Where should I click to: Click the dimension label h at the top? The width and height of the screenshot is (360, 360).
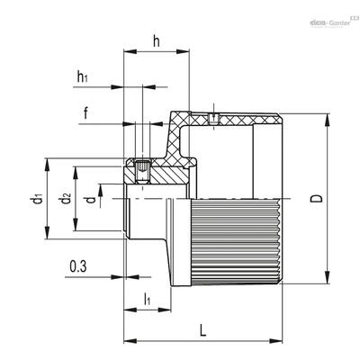pyautogui.click(x=157, y=41)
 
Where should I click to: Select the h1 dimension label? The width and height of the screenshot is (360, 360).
pyautogui.click(x=83, y=76)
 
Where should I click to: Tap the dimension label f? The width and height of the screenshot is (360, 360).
pyautogui.click(x=86, y=113)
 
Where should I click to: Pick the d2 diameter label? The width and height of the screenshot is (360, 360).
pyautogui.click(x=66, y=199)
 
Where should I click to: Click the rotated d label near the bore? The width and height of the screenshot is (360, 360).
pyautogui.click(x=91, y=200)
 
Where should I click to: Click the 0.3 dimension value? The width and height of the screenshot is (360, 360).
pyautogui.click(x=78, y=266)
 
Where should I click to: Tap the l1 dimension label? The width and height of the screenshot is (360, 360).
pyautogui.click(x=147, y=300)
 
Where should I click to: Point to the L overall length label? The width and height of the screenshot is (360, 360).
pyautogui.click(x=203, y=330)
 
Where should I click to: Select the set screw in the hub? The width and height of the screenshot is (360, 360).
pyautogui.click(x=142, y=172)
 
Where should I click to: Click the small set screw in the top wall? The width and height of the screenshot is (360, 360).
pyautogui.click(x=213, y=119)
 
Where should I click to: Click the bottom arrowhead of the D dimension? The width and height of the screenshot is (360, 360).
pyautogui.click(x=327, y=277)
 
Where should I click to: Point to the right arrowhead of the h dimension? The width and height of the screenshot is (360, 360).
pyautogui.click(x=183, y=51)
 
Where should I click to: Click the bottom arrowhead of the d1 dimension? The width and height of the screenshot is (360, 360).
pyautogui.click(x=47, y=233)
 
